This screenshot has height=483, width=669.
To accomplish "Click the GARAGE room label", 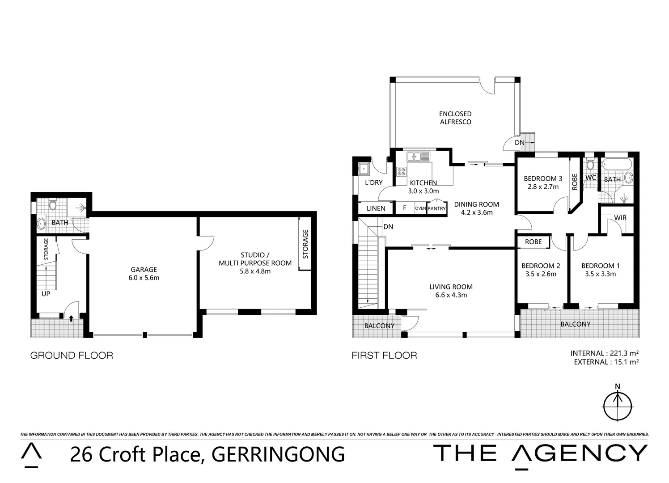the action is (144, 269).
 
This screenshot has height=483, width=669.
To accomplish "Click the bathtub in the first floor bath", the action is (617, 164).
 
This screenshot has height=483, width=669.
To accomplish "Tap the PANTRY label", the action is (436, 208).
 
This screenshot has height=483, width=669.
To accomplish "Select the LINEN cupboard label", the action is (376, 208).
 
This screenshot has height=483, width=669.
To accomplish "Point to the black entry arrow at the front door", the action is (71, 318).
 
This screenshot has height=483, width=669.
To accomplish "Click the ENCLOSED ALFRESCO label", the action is (455, 118).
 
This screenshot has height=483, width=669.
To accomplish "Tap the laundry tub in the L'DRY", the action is (364, 169).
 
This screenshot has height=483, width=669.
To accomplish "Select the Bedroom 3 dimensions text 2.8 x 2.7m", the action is (543, 187).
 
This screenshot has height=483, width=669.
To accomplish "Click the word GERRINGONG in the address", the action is (278, 454).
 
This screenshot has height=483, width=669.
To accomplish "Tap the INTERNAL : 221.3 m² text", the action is (605, 353).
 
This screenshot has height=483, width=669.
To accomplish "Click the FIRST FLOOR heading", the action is (384, 356).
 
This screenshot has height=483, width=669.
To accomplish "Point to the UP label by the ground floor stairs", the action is (46, 294).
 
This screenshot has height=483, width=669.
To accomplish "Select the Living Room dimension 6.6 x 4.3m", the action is (451, 295).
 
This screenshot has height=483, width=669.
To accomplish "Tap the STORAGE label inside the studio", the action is (305, 244).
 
